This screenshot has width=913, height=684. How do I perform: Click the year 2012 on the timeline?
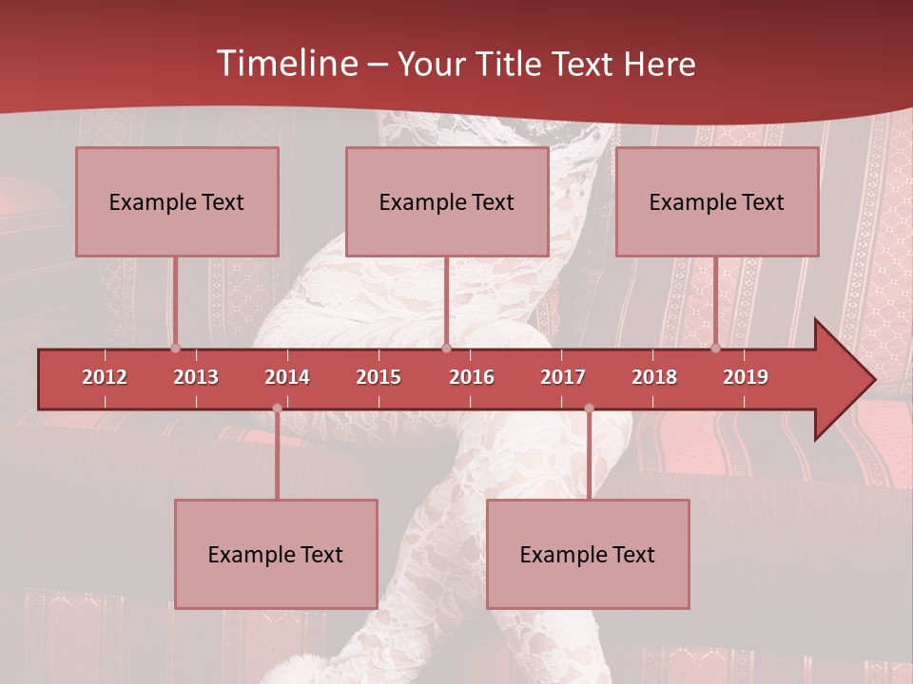105,377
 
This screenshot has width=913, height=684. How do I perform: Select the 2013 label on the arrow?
196,377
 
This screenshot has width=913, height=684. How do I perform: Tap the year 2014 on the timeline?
287,377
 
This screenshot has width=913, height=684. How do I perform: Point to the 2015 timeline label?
379,377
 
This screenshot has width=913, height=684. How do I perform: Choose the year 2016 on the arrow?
472,377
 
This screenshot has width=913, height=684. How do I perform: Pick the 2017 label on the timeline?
563,377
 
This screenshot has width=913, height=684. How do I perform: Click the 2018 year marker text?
654,377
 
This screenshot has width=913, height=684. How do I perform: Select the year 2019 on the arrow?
746,377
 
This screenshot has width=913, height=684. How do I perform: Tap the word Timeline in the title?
285,64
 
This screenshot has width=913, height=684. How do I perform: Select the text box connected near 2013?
177,201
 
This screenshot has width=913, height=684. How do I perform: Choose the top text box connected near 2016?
447,201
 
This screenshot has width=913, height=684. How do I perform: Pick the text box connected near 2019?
717,201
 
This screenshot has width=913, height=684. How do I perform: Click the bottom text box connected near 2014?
276,554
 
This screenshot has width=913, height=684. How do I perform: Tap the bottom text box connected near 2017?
588,554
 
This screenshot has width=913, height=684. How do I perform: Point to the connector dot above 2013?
175,348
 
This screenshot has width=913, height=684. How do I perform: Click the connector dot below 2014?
277,408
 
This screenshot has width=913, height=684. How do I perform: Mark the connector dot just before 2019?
715,348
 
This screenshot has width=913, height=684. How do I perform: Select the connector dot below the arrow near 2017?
589,408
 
